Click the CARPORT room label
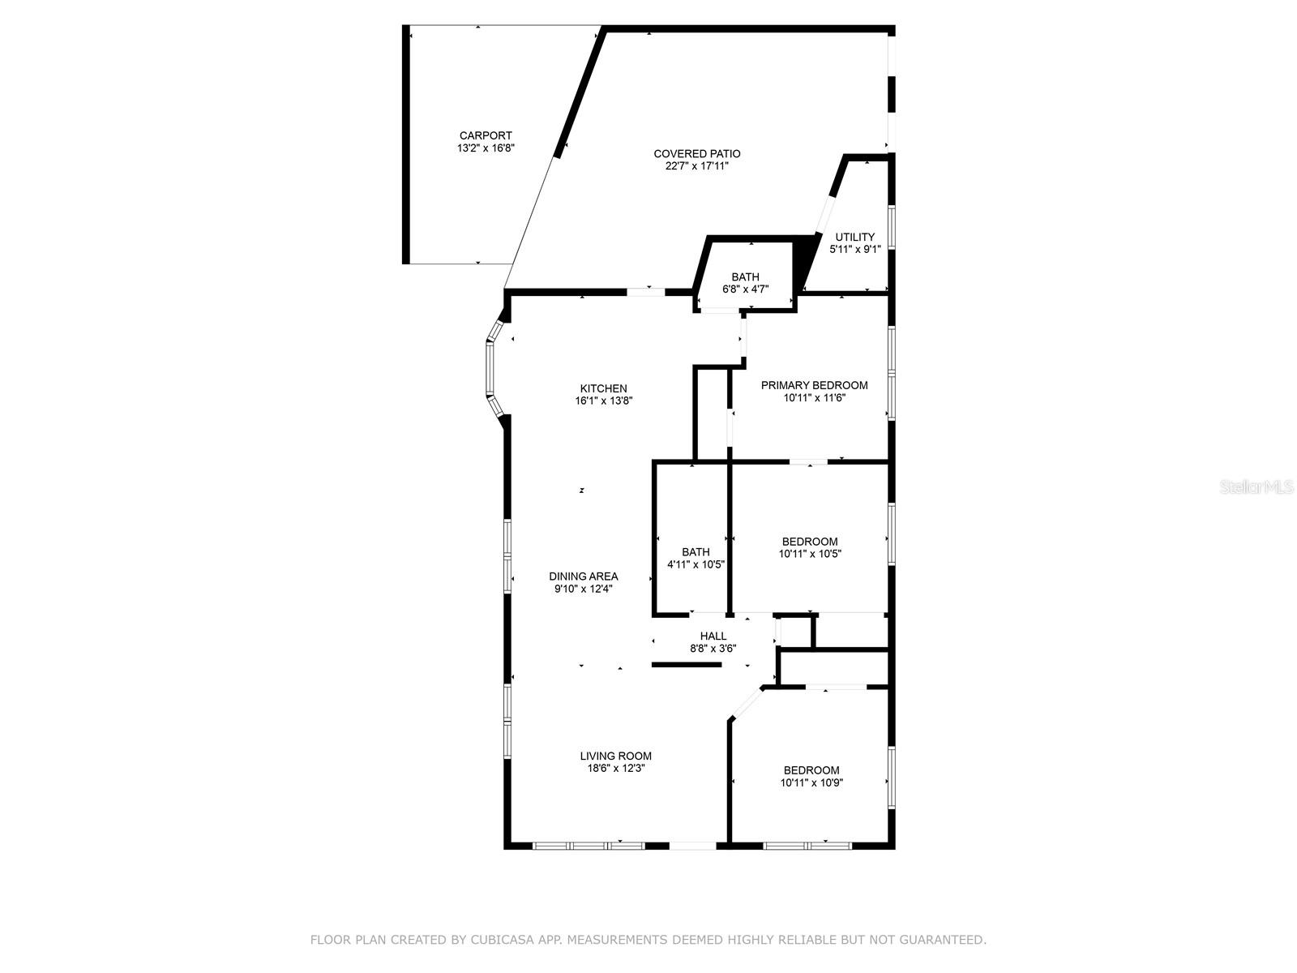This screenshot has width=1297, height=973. click(486, 135)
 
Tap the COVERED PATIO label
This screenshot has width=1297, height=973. click(697, 153)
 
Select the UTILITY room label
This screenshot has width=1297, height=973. click(855, 237)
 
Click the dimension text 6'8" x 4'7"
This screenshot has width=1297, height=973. click(745, 289)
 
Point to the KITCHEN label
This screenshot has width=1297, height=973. click(603, 388)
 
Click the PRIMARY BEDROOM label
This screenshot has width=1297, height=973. click(814, 385)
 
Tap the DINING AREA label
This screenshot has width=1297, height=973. click(583, 577)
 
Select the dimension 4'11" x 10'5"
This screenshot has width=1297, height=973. click(696, 564)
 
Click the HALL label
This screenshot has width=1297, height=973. click(713, 636)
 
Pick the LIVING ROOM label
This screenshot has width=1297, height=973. click(615, 756)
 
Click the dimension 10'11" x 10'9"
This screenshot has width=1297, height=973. click(811, 782)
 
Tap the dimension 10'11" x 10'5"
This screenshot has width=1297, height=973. click(810, 554)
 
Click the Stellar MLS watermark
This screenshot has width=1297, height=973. click(1256, 487)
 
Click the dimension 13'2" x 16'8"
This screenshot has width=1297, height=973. click(486, 148)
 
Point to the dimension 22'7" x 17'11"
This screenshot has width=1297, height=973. click(697, 165)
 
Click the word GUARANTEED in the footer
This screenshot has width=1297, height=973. click(944, 940)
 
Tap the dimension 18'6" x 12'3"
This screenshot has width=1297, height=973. click(615, 768)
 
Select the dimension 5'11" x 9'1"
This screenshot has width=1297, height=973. click(854, 250)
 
